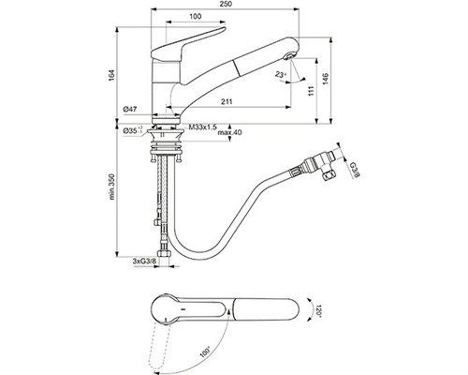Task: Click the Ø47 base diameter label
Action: click(x=132, y=112)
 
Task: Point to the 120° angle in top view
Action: click(x=317, y=309)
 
